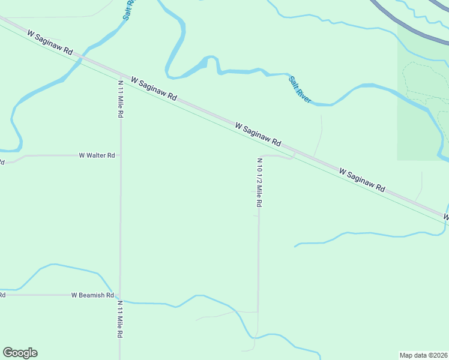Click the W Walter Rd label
click(97, 155)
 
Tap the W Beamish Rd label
click(92, 295)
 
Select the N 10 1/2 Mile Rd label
click(259, 183)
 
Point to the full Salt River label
click(300, 89)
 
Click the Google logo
click(20, 353)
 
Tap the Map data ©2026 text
click(423, 355)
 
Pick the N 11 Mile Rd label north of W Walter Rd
click(121, 98)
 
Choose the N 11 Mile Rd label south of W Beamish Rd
click(120, 319)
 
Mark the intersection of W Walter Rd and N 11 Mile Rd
click(121, 155)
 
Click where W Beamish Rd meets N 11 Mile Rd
click(120, 295)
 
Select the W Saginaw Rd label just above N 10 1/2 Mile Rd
click(258, 135)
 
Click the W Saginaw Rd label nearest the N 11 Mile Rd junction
click(154, 88)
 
